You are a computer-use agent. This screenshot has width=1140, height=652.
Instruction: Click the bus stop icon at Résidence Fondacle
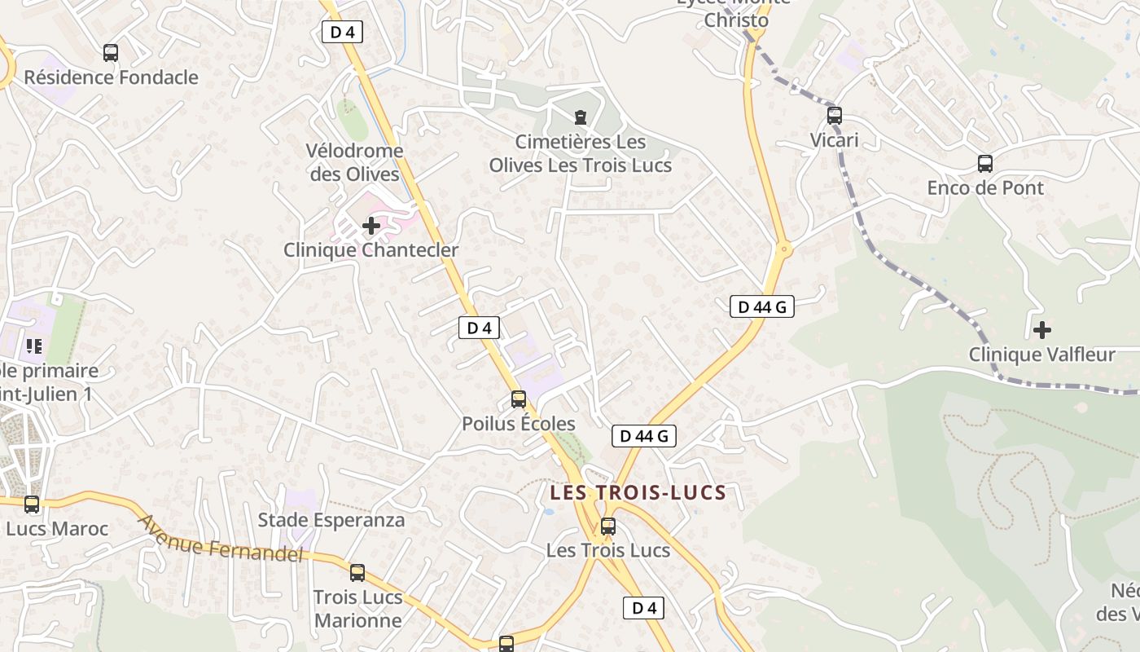click(111, 53)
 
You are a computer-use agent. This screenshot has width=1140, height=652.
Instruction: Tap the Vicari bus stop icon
click(834, 116)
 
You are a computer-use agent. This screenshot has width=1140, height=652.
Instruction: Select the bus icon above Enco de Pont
click(985, 164)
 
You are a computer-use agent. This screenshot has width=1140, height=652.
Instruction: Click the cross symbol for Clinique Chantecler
click(371, 225)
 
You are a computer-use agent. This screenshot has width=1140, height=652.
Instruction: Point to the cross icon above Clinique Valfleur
click(1041, 330)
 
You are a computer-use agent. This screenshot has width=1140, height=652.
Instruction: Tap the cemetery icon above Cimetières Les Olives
click(580, 118)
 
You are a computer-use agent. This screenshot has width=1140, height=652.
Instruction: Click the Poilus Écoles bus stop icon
click(519, 399)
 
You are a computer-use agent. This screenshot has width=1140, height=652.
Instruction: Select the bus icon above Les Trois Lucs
click(608, 526)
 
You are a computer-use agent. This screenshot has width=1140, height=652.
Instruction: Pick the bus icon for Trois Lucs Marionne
click(357, 573)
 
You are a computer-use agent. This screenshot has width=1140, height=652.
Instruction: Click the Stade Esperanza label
click(331, 520)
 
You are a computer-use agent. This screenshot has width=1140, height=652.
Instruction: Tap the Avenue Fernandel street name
click(221, 538)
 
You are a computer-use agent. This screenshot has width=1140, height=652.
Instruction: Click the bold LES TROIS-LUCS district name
click(638, 493)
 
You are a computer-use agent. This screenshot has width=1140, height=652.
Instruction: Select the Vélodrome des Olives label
click(354, 162)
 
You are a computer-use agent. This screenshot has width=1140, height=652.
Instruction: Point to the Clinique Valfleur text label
click(1041, 355)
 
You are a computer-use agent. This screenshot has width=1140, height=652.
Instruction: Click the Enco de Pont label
click(985, 188)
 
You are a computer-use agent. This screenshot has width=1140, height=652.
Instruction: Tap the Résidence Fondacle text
click(111, 77)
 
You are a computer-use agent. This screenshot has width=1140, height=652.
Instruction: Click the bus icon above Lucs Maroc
click(32, 504)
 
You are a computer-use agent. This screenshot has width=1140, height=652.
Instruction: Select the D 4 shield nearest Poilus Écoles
click(479, 328)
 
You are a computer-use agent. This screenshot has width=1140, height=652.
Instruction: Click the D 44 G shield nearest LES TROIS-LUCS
click(643, 437)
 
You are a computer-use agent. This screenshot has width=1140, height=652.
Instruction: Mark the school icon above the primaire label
click(33, 346)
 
